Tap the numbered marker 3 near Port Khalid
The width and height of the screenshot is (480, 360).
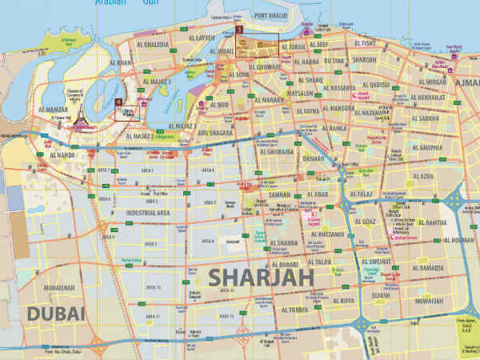(238, 29)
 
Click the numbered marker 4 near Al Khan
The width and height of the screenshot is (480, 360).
(118, 102)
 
